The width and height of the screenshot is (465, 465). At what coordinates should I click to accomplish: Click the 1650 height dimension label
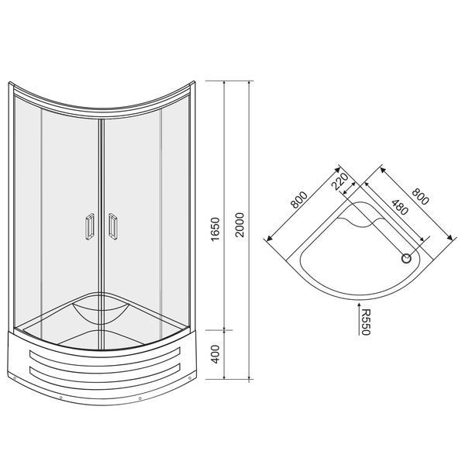215,229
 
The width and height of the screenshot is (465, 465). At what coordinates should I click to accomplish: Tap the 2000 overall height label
239,225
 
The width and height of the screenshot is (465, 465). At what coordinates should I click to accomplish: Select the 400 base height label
215,354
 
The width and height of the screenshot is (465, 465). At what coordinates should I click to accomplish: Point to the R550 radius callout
367,322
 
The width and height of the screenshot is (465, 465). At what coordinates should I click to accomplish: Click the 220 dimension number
340,181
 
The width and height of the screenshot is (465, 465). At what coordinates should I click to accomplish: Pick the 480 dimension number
400,207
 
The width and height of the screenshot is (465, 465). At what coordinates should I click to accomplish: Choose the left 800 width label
299,200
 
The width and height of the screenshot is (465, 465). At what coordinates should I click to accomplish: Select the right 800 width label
420,196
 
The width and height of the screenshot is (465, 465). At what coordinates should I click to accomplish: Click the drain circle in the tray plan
406,259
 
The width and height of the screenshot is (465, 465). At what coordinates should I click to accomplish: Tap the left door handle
90,226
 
